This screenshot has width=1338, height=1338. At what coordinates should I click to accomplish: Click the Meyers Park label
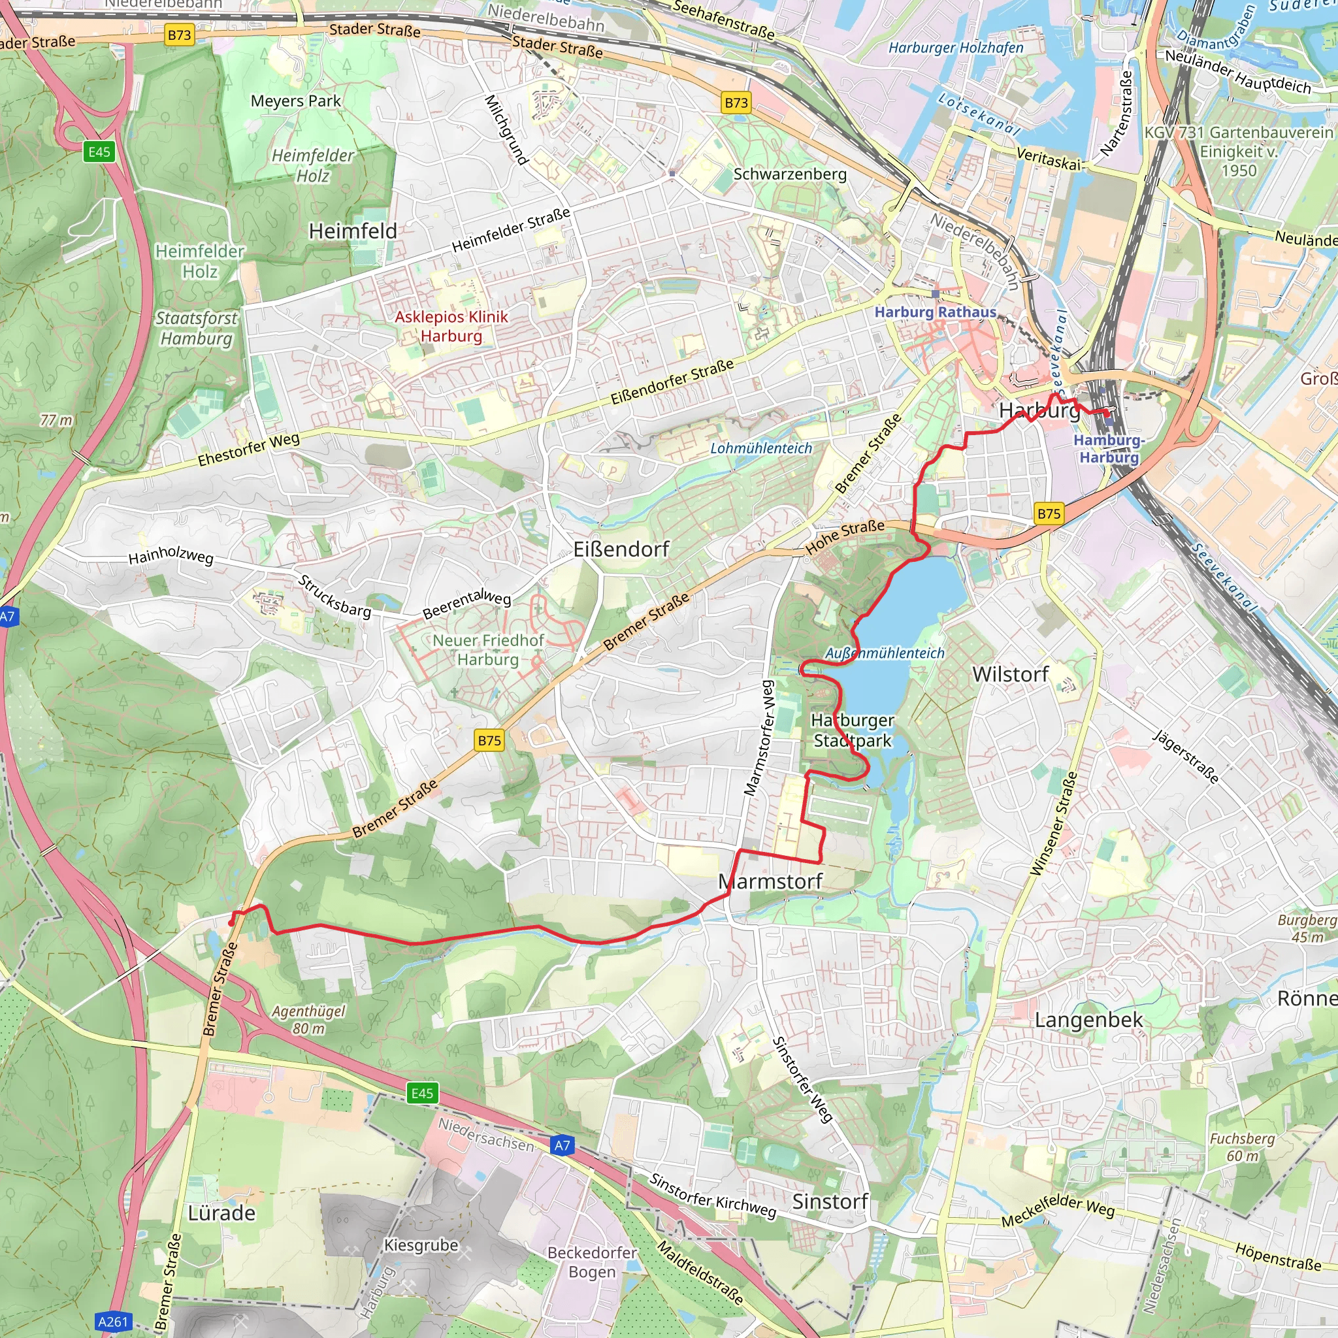point(296,101)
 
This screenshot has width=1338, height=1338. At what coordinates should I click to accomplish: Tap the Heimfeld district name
point(353,231)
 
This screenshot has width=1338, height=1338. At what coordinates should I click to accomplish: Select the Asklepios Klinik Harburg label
point(451,326)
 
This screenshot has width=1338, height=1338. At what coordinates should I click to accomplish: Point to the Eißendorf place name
point(621,550)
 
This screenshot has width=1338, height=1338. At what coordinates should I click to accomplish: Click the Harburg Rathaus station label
point(934,312)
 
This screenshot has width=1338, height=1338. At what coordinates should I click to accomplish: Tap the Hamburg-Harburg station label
point(1108,449)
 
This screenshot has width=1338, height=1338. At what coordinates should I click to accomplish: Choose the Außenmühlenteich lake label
point(885,653)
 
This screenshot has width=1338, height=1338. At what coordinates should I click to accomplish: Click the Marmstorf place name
point(770,881)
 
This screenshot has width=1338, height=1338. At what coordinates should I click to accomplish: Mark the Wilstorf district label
point(1010,674)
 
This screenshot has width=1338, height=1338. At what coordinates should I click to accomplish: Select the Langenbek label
point(1088,1020)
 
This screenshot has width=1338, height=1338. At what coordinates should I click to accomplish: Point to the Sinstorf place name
point(830,1201)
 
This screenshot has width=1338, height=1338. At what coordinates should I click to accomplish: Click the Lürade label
point(221,1213)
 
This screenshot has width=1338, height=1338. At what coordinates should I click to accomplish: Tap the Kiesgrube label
point(421,1245)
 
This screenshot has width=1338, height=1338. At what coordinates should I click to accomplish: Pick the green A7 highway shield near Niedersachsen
point(563,1145)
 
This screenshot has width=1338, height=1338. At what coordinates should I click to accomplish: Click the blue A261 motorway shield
point(113,1322)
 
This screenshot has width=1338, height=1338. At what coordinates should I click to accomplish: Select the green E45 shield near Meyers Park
point(99,152)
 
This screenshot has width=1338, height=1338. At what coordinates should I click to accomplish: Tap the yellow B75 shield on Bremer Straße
point(489,740)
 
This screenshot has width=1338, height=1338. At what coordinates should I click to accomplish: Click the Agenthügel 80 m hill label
point(308,1019)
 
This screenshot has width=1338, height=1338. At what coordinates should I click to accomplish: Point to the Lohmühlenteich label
point(760,448)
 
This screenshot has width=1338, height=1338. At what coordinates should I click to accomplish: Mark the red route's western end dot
point(231,923)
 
